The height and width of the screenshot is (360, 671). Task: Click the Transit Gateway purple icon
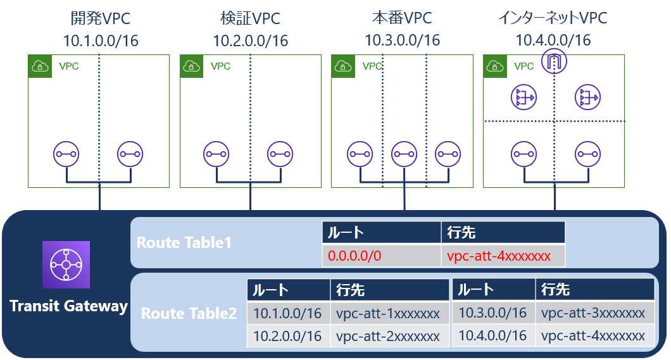[66, 264]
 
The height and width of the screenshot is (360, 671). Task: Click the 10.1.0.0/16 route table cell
[288, 313]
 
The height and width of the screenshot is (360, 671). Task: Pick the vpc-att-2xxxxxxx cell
[387, 335]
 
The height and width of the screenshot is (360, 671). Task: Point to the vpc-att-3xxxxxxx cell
[593, 313]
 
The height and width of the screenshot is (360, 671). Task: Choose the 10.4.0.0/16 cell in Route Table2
[492, 335]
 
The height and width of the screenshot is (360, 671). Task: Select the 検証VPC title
[250, 18]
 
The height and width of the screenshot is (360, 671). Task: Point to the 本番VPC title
[402, 18]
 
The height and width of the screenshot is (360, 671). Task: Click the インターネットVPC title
[553, 18]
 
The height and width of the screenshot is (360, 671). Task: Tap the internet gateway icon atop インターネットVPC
[555, 62]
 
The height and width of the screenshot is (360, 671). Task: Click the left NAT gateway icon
[523, 97]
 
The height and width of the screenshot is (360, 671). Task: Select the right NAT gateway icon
[587, 97]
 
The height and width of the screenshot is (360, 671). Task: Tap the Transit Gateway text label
[68, 306]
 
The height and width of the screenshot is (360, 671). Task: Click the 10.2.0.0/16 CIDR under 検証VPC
[250, 41]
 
